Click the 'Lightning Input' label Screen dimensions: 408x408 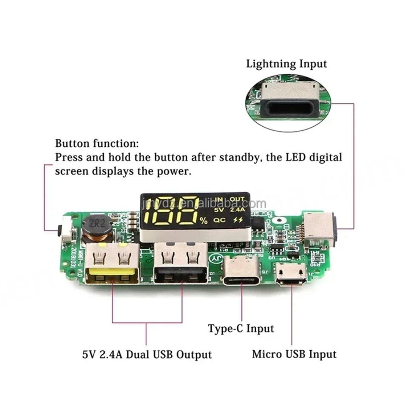click(x=286, y=64)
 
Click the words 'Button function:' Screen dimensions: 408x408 click(x=97, y=143)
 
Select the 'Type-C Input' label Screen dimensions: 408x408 click(x=241, y=329)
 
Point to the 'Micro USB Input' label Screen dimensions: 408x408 click(x=294, y=354)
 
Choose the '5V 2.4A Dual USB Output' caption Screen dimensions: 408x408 click(x=147, y=354)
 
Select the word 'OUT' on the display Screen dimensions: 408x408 click(x=237, y=200)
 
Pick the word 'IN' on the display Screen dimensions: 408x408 click(x=219, y=200)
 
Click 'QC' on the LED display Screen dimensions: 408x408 click(x=219, y=220)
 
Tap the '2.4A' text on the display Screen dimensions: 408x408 click(x=238, y=209)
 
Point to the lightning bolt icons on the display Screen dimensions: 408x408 click(x=238, y=220)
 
